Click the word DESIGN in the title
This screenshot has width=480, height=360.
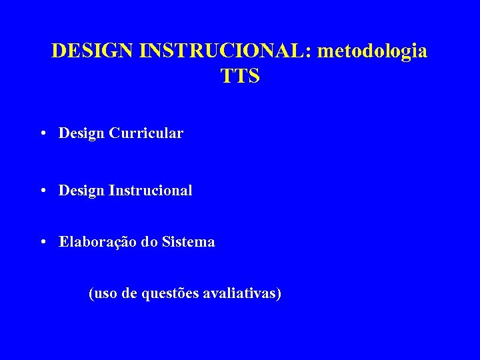93,51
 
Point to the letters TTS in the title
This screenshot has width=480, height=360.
240,77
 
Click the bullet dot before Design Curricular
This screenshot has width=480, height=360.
42,133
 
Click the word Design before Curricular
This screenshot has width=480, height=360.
81,133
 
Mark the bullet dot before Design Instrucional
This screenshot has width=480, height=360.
42,191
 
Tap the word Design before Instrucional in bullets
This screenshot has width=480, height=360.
81,191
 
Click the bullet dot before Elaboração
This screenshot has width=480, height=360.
42,242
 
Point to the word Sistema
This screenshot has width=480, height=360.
188,242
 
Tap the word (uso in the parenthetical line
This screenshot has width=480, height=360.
103,293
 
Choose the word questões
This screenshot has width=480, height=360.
170,293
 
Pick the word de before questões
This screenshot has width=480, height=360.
130,293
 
